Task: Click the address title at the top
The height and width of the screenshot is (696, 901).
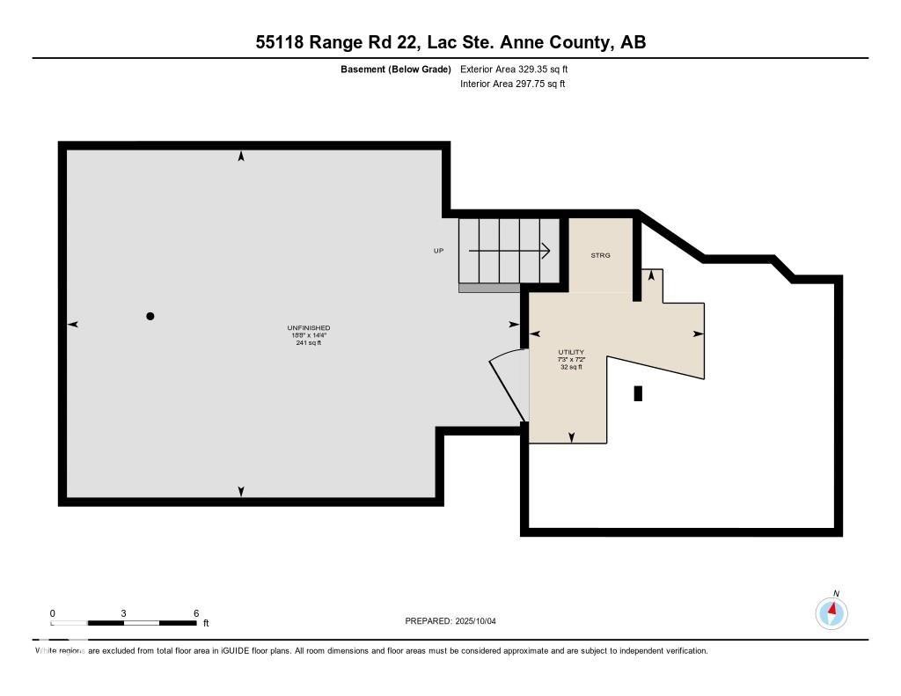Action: click(x=450, y=42)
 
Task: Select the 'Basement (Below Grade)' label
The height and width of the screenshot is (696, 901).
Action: click(x=395, y=70)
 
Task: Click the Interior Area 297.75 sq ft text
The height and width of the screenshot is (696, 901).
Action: click(x=512, y=84)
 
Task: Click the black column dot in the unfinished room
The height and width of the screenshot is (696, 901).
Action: click(x=150, y=316)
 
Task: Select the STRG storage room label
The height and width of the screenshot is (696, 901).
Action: click(x=600, y=255)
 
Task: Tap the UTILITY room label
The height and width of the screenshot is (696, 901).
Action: click(x=571, y=352)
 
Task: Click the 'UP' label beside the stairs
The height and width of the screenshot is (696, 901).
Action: click(x=438, y=251)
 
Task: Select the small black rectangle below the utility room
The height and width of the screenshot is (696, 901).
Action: click(x=638, y=393)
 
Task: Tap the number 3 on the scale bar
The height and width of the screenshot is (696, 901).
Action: click(x=124, y=613)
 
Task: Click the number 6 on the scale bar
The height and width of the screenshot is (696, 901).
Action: click(x=196, y=613)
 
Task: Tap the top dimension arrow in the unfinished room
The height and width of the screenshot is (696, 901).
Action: click(x=241, y=157)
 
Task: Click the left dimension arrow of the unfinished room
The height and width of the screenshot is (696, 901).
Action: click(x=73, y=325)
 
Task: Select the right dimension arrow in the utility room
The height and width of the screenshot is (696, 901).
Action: click(x=699, y=333)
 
